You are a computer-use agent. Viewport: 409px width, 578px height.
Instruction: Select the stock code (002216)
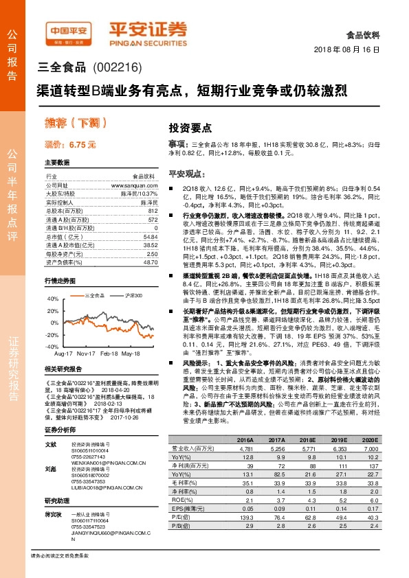pos(117,67)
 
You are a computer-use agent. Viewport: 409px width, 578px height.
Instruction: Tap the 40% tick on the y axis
pos(53,299)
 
